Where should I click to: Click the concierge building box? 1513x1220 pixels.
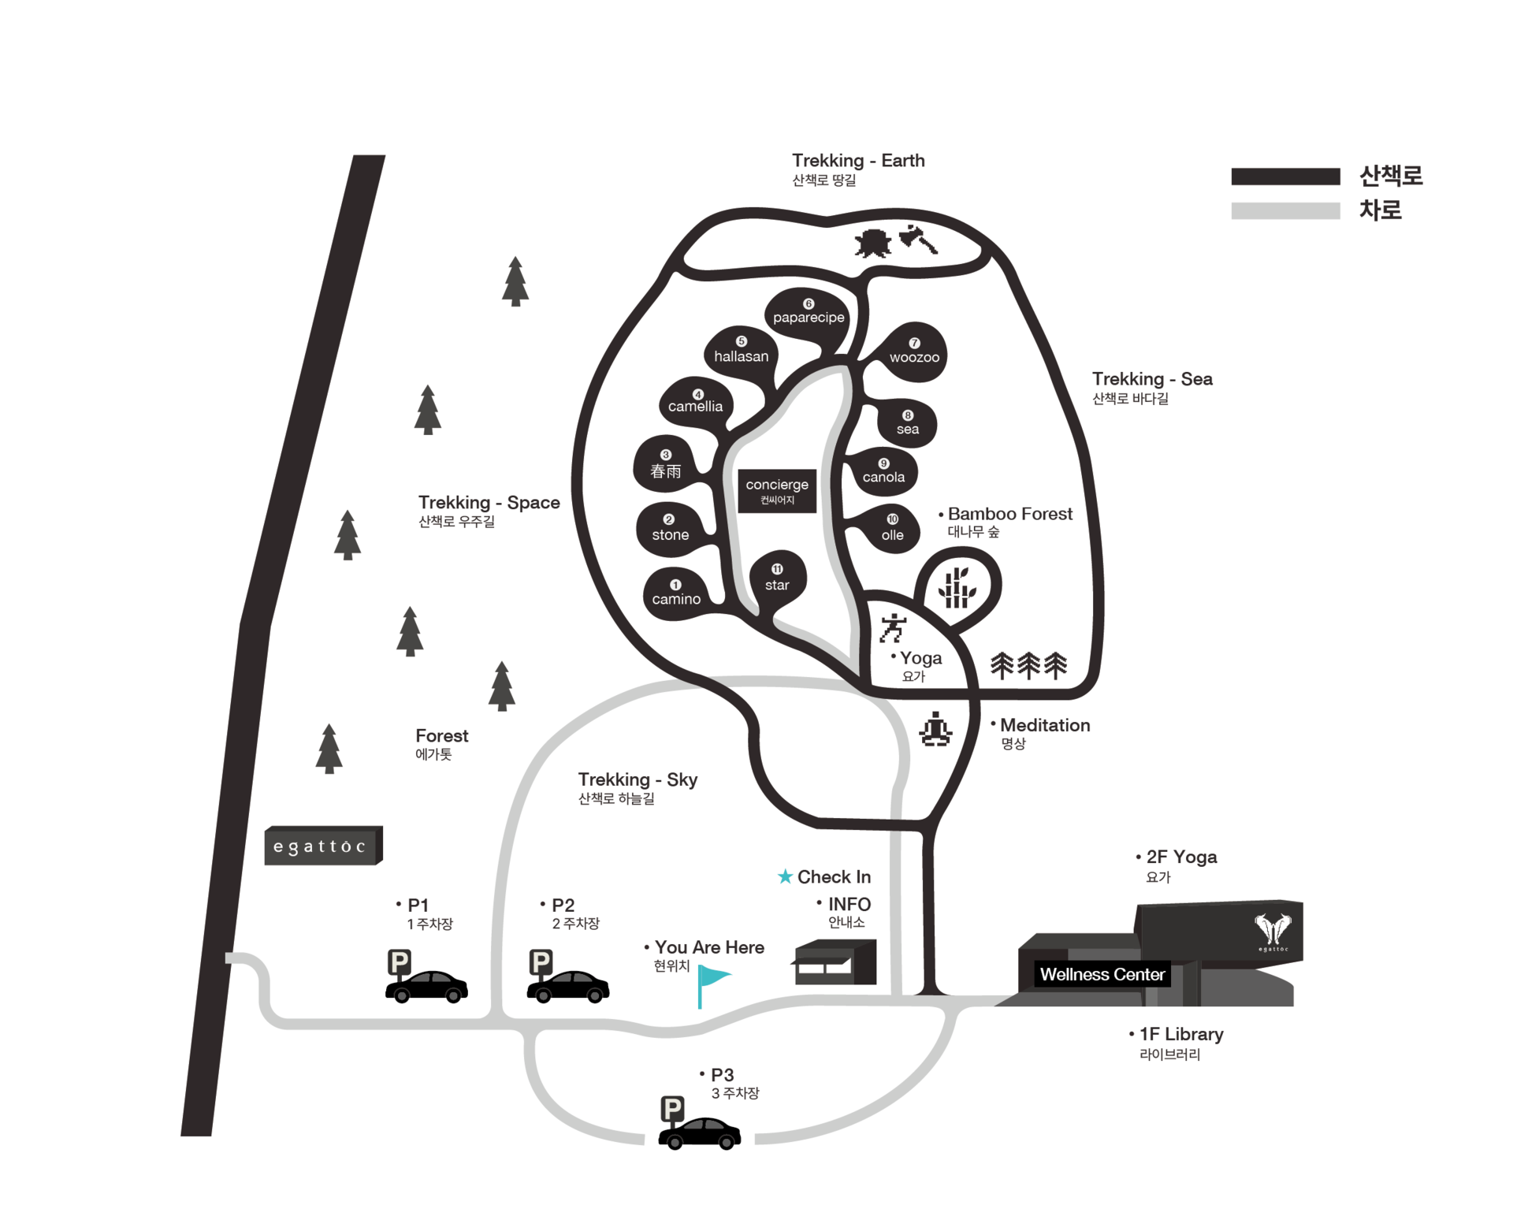pos(777,491)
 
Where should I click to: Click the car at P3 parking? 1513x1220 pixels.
pos(699,1134)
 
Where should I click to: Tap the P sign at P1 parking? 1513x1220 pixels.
pos(400,963)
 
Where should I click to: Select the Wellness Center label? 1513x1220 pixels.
pos(1102,975)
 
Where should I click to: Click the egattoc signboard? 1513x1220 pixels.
pos(323,846)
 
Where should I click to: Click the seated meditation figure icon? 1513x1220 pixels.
pos(935,729)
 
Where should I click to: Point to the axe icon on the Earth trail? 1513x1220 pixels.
pos(918,240)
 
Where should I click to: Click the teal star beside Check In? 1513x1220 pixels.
pos(785,876)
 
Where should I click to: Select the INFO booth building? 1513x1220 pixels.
pos(834,961)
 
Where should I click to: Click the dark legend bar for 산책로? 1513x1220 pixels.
pos(1285,177)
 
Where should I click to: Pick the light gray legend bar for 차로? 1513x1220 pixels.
pos(1285,211)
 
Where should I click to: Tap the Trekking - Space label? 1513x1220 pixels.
pos(489,503)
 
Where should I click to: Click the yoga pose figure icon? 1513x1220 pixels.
pos(893,628)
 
